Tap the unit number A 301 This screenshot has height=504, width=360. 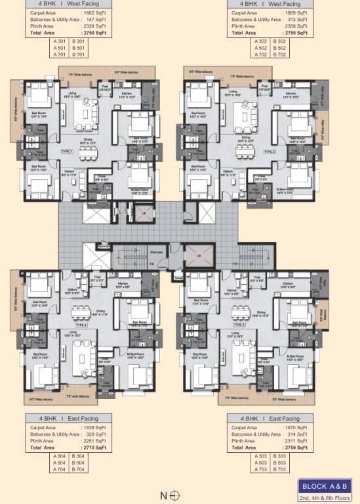tap(60, 41)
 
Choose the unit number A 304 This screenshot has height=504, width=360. tap(60, 455)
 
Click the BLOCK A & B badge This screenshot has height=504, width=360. tap(325, 486)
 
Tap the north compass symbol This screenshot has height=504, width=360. tap(174, 495)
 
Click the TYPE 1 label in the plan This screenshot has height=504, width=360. tap(67, 151)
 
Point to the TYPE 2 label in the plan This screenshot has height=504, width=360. tap(270, 151)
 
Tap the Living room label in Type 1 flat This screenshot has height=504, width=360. tap(73, 93)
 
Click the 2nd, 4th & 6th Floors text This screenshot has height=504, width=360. tap(325, 497)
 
